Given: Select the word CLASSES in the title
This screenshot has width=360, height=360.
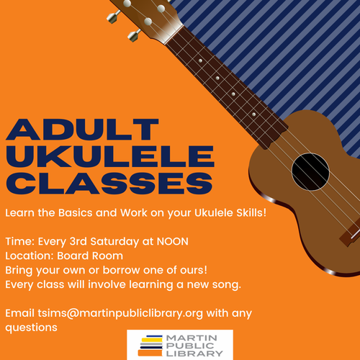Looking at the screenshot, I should click(x=108, y=182).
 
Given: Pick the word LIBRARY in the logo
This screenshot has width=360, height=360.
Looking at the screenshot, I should click(x=194, y=354).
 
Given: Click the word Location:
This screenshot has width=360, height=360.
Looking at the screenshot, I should click(x=30, y=255).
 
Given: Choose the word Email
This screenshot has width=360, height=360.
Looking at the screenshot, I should click(x=19, y=313).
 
